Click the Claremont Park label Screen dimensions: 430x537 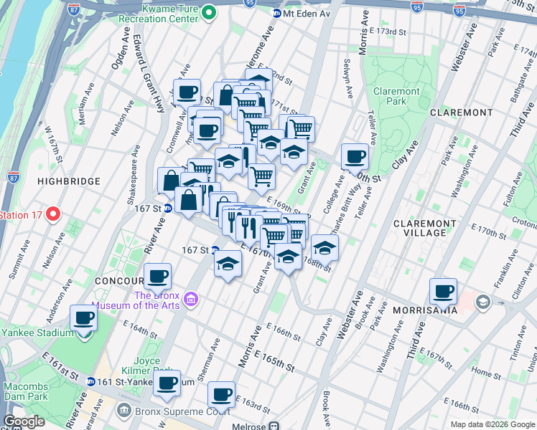396,97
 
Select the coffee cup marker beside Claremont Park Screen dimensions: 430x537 355,156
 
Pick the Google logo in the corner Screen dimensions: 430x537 24,421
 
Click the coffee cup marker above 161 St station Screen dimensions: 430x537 167,383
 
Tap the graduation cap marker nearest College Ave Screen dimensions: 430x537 324,248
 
